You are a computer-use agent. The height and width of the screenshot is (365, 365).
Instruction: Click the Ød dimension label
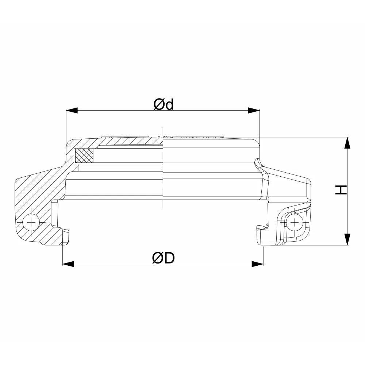164,104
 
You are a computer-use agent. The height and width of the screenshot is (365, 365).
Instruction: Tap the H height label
341,190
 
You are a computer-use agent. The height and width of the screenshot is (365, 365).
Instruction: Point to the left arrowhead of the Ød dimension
72,111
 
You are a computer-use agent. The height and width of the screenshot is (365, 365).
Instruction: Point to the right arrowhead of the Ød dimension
254,111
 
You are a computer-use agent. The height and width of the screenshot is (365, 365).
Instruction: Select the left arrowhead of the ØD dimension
69,264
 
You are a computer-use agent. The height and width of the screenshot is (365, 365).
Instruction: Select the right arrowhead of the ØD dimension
258,264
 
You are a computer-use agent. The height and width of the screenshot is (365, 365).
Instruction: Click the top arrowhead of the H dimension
347,143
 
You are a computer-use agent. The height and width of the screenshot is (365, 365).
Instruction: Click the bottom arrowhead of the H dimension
347,239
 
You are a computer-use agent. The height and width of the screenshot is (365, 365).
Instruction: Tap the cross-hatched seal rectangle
84,155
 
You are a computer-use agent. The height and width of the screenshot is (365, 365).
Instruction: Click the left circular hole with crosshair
31,223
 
